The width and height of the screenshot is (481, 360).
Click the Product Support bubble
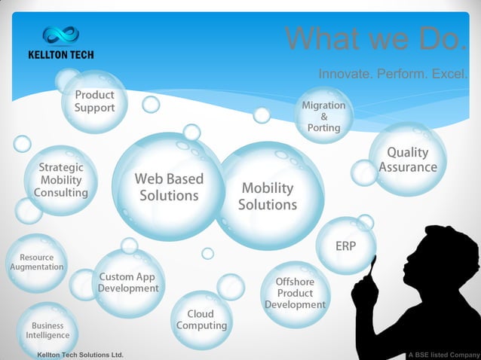[x=94, y=101]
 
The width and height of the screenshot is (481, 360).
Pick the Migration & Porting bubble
[x=323, y=116]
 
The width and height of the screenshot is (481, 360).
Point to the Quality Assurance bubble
[x=408, y=159]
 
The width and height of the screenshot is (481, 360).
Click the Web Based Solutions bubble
[x=169, y=187]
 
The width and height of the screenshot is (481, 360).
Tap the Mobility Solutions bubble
[x=268, y=196]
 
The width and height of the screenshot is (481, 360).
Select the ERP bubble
[x=345, y=246]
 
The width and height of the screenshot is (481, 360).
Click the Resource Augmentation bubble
[x=36, y=263]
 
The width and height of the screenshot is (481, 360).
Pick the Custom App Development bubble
[x=128, y=282]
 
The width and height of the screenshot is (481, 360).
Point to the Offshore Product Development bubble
[x=295, y=293]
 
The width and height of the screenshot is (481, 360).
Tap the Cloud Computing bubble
[x=201, y=319]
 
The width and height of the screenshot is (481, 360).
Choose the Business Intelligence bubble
[x=47, y=330]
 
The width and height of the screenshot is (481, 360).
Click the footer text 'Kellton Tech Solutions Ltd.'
[x=75, y=354]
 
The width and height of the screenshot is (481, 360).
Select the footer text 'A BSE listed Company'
[x=443, y=354]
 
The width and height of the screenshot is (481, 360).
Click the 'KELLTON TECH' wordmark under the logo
[x=61, y=54]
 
